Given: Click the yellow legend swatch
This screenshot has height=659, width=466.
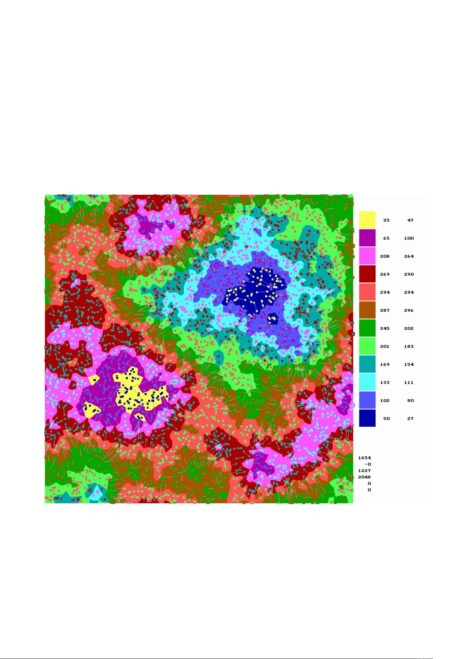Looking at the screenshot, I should pyautogui.click(x=367, y=220).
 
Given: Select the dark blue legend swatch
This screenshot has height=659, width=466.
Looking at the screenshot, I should pyautogui.click(x=367, y=418).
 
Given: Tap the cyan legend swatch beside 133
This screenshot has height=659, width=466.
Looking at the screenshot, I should pyautogui.click(x=367, y=382).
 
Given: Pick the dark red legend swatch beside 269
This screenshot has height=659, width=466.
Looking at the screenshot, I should pyautogui.click(x=367, y=274).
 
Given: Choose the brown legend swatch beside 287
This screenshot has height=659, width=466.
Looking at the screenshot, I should pyautogui.click(x=367, y=310).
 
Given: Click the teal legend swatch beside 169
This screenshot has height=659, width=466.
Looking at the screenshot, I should pyautogui.click(x=367, y=364).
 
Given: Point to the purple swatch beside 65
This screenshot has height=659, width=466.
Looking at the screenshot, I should pyautogui.click(x=367, y=238).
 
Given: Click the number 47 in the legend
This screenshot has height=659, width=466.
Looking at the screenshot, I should pyautogui.click(x=410, y=220).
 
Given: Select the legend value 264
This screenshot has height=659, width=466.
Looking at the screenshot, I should pyautogui.click(x=409, y=256).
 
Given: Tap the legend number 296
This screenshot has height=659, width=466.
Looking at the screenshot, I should pyautogui.click(x=409, y=310).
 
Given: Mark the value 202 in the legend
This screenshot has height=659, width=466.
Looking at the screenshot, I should pyautogui.click(x=409, y=328).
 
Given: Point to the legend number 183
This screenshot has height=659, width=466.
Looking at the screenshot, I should pyautogui.click(x=409, y=346).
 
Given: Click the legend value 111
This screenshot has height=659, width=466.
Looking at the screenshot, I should pyautogui.click(x=409, y=382).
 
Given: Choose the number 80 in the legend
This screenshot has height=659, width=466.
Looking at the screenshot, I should pyautogui.click(x=410, y=400).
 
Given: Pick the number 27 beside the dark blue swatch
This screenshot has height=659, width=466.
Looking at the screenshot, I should pyautogui.click(x=410, y=418).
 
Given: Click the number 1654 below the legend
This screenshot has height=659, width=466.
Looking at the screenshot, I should pyautogui.click(x=364, y=458).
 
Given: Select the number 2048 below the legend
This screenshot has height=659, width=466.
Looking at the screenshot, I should pyautogui.click(x=364, y=477).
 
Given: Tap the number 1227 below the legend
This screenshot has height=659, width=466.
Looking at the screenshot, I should pyautogui.click(x=364, y=470).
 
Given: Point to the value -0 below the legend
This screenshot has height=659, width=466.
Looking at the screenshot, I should pyautogui.click(x=367, y=464).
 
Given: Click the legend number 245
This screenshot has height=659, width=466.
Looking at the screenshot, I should pyautogui.click(x=385, y=328).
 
